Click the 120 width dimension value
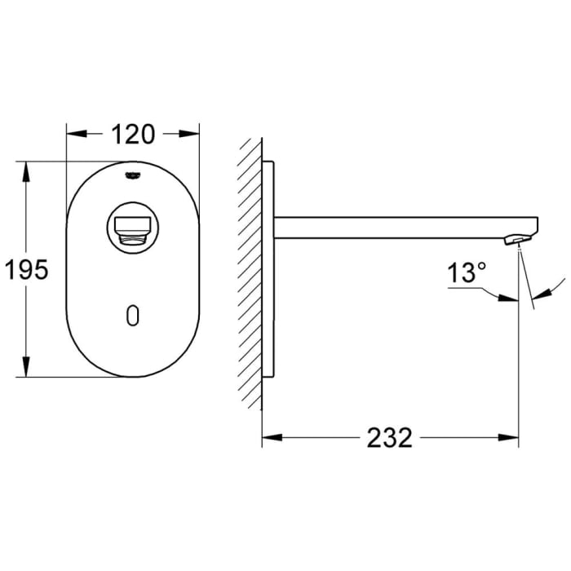click(132, 133)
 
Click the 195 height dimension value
click(28, 270)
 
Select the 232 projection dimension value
click(389, 438)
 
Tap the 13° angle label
click(466, 273)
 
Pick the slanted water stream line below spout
click(527, 281)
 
